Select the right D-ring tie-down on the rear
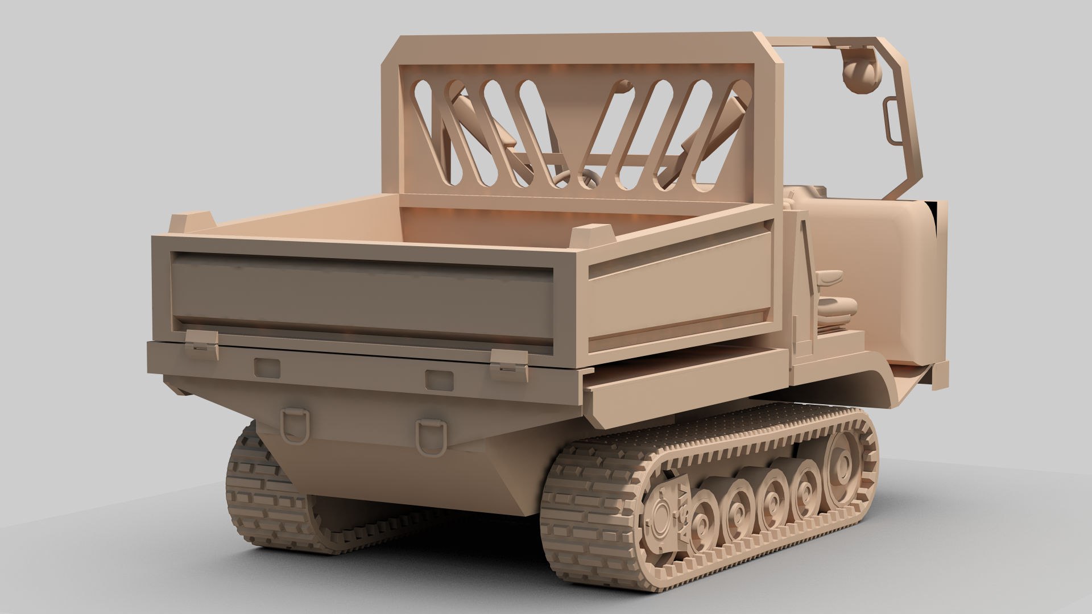[x=429, y=437]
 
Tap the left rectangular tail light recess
[x=267, y=368]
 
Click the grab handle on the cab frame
[x=890, y=127]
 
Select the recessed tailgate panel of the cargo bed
[x=362, y=298]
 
